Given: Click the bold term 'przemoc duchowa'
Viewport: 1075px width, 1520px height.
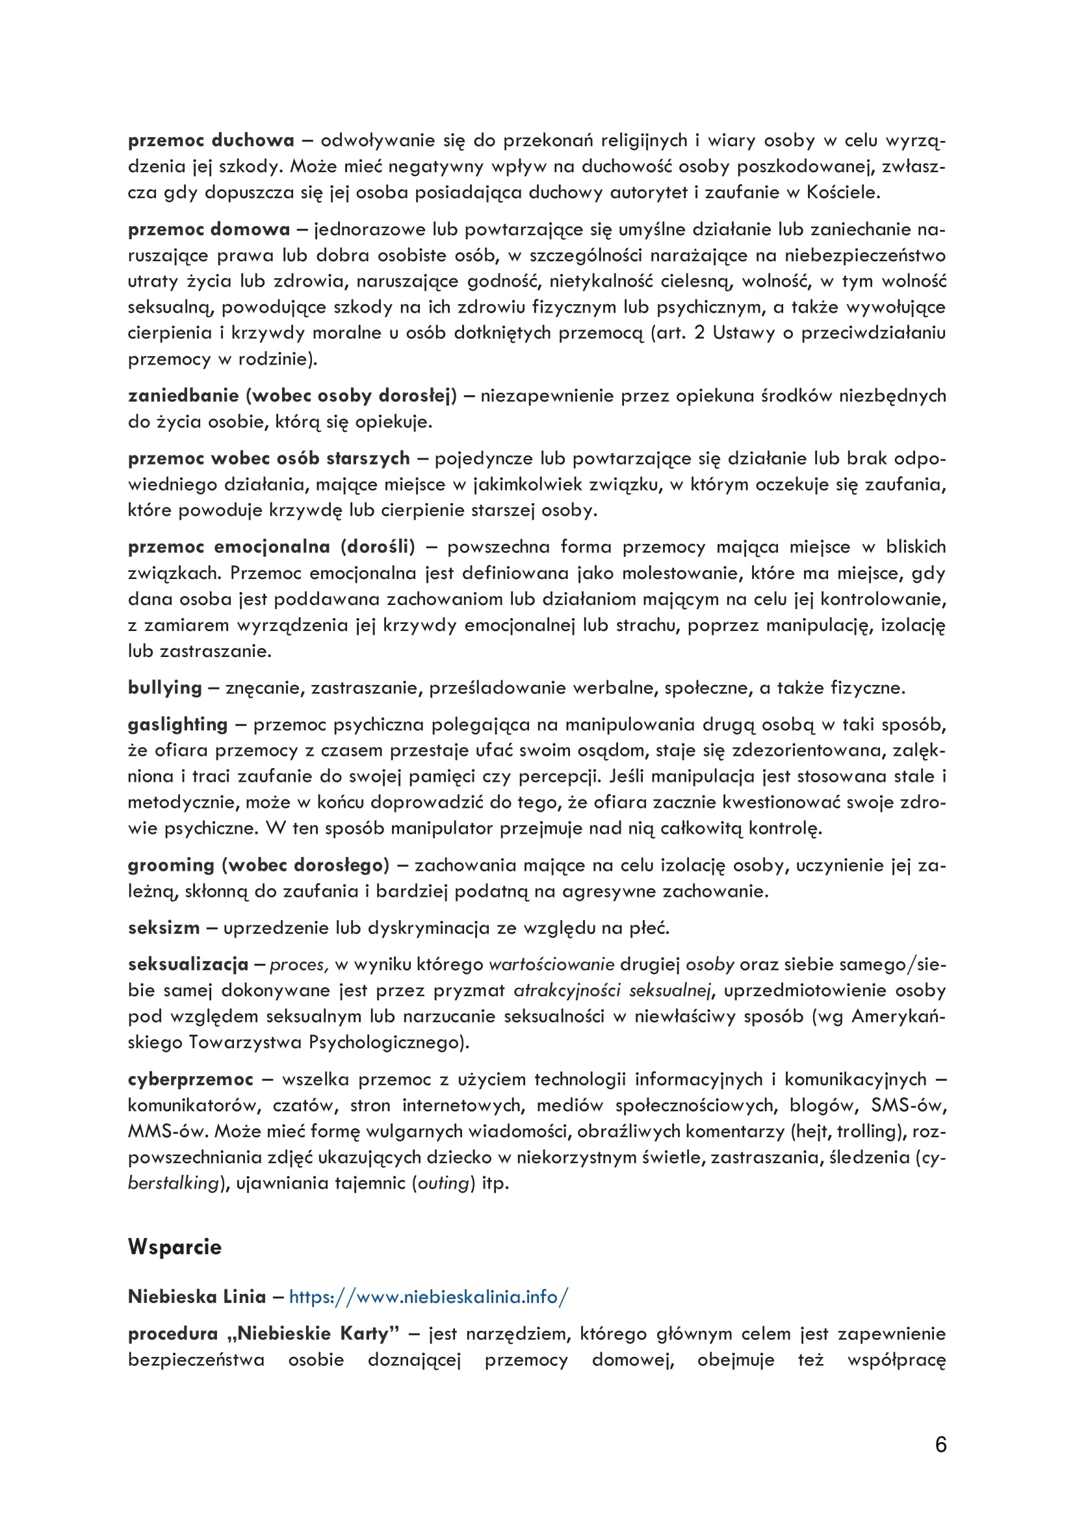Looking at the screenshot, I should (x=211, y=140).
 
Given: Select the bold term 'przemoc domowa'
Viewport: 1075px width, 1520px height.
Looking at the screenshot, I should (x=209, y=229).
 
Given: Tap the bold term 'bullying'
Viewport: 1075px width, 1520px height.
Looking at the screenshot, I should (x=165, y=688).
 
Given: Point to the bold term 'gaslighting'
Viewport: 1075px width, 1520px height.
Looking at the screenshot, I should (x=177, y=724).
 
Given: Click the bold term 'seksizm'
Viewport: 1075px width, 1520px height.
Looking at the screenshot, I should (x=164, y=927).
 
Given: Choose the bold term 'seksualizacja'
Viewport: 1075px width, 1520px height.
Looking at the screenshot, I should (x=188, y=964).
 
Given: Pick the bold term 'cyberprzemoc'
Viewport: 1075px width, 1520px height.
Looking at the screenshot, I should (x=190, y=1079).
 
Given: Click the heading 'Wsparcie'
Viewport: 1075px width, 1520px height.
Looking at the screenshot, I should (x=175, y=1247).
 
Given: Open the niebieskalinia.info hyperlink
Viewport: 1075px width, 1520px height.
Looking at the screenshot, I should (x=428, y=1297).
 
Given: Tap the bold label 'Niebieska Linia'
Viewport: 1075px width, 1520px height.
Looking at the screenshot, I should (x=196, y=1297).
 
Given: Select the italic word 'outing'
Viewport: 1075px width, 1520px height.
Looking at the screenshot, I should (x=443, y=1183).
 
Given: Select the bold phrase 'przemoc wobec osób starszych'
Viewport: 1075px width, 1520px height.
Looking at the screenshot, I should (x=269, y=459).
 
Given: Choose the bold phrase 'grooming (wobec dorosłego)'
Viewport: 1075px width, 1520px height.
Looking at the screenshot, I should (x=258, y=865).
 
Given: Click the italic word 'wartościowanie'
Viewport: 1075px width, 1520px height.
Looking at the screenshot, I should (x=551, y=964).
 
